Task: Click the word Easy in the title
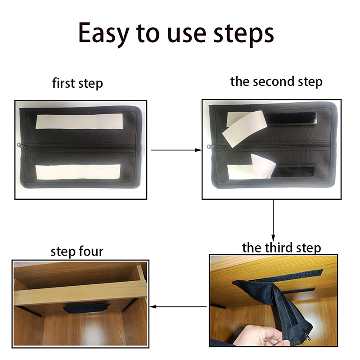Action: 103,33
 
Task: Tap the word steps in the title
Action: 243,35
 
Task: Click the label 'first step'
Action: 77,83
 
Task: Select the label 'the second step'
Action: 276,82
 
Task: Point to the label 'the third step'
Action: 282,248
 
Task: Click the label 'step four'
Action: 77,252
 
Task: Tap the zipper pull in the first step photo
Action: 21,145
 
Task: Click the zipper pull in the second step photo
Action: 211,146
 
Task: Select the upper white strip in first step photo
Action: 80,121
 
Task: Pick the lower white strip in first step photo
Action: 78,172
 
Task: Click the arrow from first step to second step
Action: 176,150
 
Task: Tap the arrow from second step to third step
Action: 273,220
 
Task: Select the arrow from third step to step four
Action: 178,306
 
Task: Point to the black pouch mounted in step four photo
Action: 86,308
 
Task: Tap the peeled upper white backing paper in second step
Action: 245,129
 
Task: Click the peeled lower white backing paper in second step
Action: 263,166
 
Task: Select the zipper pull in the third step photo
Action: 307,334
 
